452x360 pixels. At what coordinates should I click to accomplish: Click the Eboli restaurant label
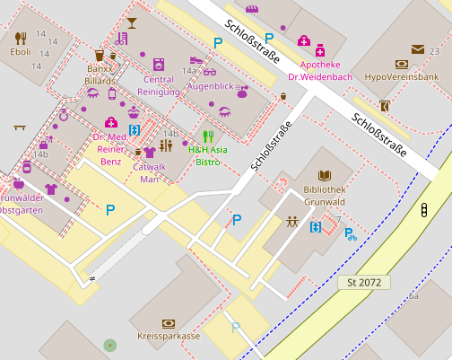click(21, 52)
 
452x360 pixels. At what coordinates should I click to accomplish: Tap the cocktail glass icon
click(132, 22)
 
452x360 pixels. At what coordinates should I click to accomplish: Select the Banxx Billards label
click(101, 74)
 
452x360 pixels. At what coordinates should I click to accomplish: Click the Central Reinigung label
click(159, 85)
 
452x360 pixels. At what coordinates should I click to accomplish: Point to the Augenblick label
click(210, 86)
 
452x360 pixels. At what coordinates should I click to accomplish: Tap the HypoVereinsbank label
click(401, 77)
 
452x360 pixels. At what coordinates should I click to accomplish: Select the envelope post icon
click(418, 49)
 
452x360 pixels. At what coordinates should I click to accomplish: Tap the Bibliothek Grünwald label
click(325, 196)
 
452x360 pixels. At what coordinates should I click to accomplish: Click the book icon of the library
click(325, 177)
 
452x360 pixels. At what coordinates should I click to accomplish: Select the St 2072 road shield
click(367, 283)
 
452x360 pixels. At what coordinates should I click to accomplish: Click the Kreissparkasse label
click(169, 336)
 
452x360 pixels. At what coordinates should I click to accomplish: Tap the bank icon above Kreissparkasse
click(169, 322)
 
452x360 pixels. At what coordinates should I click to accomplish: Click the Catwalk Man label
click(150, 172)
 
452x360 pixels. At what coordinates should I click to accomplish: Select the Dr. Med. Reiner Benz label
click(110, 149)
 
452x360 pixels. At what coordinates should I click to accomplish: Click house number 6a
click(413, 295)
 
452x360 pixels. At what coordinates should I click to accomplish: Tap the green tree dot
click(109, 345)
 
